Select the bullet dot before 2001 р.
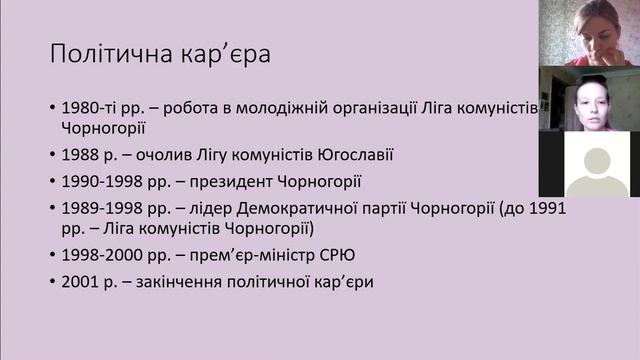click(52, 282)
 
